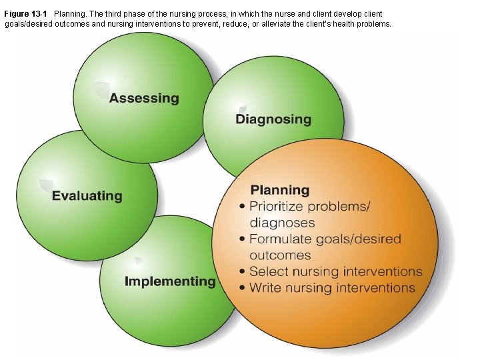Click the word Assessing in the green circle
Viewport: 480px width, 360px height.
click(144, 99)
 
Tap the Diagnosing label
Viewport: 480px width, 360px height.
click(273, 120)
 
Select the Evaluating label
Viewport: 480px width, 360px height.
click(87, 196)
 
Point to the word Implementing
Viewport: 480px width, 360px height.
click(170, 281)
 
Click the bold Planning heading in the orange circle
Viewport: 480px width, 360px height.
click(280, 190)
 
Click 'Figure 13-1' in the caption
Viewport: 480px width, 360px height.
click(26, 13)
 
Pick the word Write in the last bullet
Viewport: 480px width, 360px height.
click(265, 288)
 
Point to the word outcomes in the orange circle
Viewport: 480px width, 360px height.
click(280, 255)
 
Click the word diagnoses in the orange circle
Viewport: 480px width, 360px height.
click(282, 223)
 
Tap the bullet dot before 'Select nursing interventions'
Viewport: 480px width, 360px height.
click(242, 272)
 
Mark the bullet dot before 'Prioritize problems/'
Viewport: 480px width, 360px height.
click(242, 207)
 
